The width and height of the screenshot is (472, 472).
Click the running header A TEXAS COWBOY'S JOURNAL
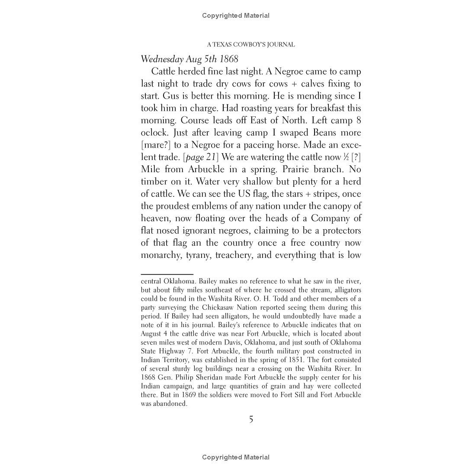click(x=251, y=45)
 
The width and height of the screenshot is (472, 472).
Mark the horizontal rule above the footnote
click(x=167, y=274)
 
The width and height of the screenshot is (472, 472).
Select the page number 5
click(x=251, y=420)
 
